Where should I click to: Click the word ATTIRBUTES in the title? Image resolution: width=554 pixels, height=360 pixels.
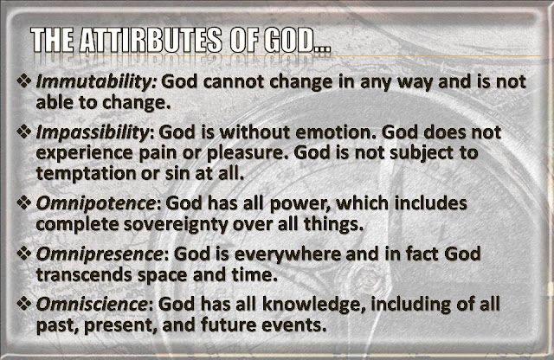151,41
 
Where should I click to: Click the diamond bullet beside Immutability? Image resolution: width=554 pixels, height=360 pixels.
24,80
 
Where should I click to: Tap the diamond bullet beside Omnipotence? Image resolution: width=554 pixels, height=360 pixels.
24,202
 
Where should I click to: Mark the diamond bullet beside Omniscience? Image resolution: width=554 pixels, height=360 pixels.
24,303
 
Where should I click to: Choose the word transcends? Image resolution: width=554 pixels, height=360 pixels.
84,275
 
